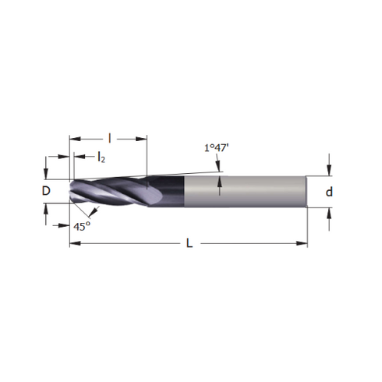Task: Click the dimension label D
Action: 46,191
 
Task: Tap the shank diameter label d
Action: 329,192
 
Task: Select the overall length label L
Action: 189,243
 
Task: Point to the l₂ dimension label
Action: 101,157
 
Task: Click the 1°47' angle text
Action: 216,148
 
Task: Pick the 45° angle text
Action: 82,227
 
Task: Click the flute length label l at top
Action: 110,139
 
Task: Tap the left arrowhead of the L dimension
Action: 75,243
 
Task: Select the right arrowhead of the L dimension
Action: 302,243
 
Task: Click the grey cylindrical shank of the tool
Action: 245,192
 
